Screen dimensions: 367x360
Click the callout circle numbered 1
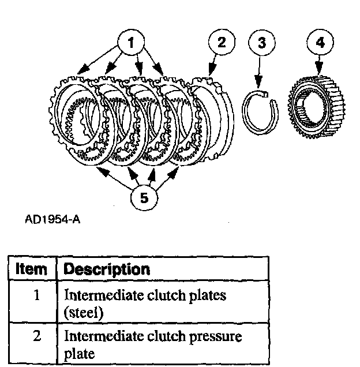(133, 42)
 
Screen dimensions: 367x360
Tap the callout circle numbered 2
(222, 42)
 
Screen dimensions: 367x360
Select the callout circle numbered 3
(261, 42)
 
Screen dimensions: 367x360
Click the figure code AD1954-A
(53, 220)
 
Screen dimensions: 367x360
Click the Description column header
(107, 269)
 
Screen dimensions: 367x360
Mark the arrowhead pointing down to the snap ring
(259, 87)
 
